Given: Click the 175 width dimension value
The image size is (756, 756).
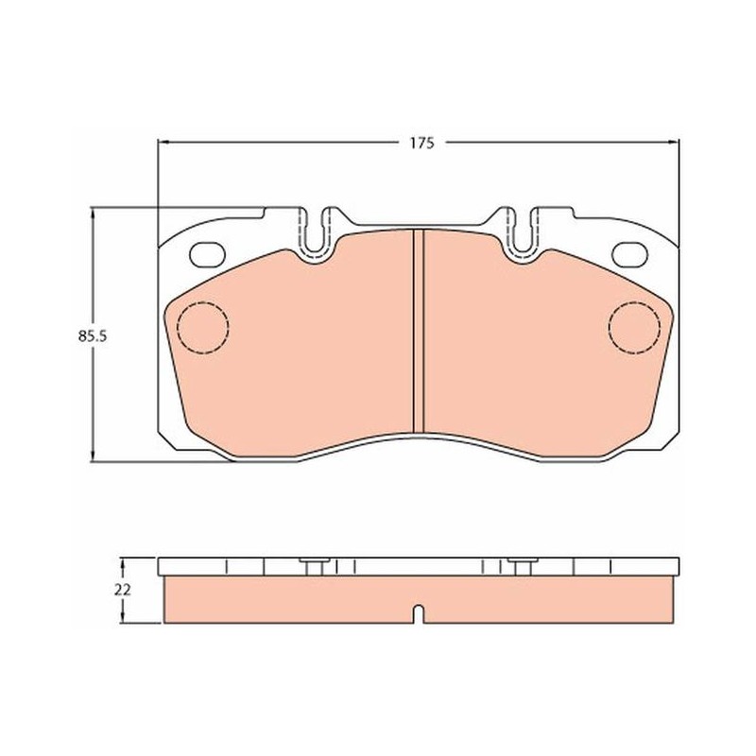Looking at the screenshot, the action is [421, 144].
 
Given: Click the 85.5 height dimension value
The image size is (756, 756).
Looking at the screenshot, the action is [92, 336].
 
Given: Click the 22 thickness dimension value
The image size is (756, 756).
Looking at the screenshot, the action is [123, 590].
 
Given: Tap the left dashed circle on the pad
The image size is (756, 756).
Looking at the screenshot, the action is [203, 328].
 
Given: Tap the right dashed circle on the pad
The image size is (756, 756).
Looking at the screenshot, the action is [634, 328].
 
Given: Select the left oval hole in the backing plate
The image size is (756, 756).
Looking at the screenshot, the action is [207, 254].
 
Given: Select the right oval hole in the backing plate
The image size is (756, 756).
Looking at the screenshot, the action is [629, 254].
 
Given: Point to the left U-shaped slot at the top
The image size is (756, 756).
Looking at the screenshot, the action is [317, 232].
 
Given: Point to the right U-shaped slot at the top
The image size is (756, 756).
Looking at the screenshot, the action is [521, 232].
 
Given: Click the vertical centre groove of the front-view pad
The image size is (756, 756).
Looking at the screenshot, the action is [419, 331].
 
